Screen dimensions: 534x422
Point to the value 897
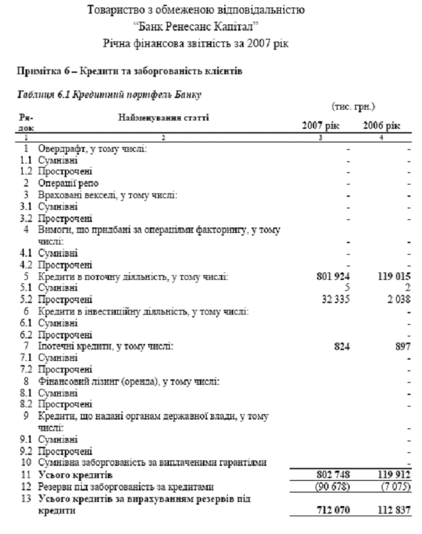403,346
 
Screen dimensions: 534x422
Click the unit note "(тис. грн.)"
353,106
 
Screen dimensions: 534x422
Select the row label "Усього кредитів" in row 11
78,474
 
